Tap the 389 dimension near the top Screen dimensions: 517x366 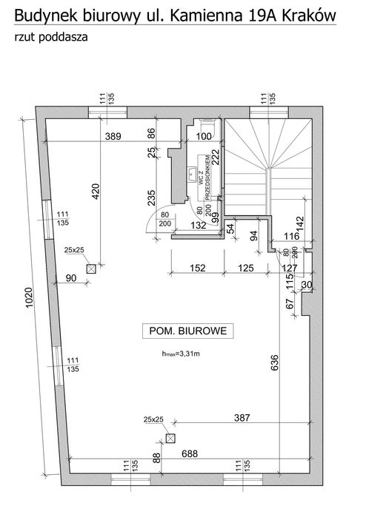click(x=113, y=136)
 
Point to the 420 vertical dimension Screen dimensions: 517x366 click(x=94, y=192)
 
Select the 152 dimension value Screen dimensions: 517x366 click(x=198, y=268)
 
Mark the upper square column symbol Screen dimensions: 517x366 click(x=92, y=269)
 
